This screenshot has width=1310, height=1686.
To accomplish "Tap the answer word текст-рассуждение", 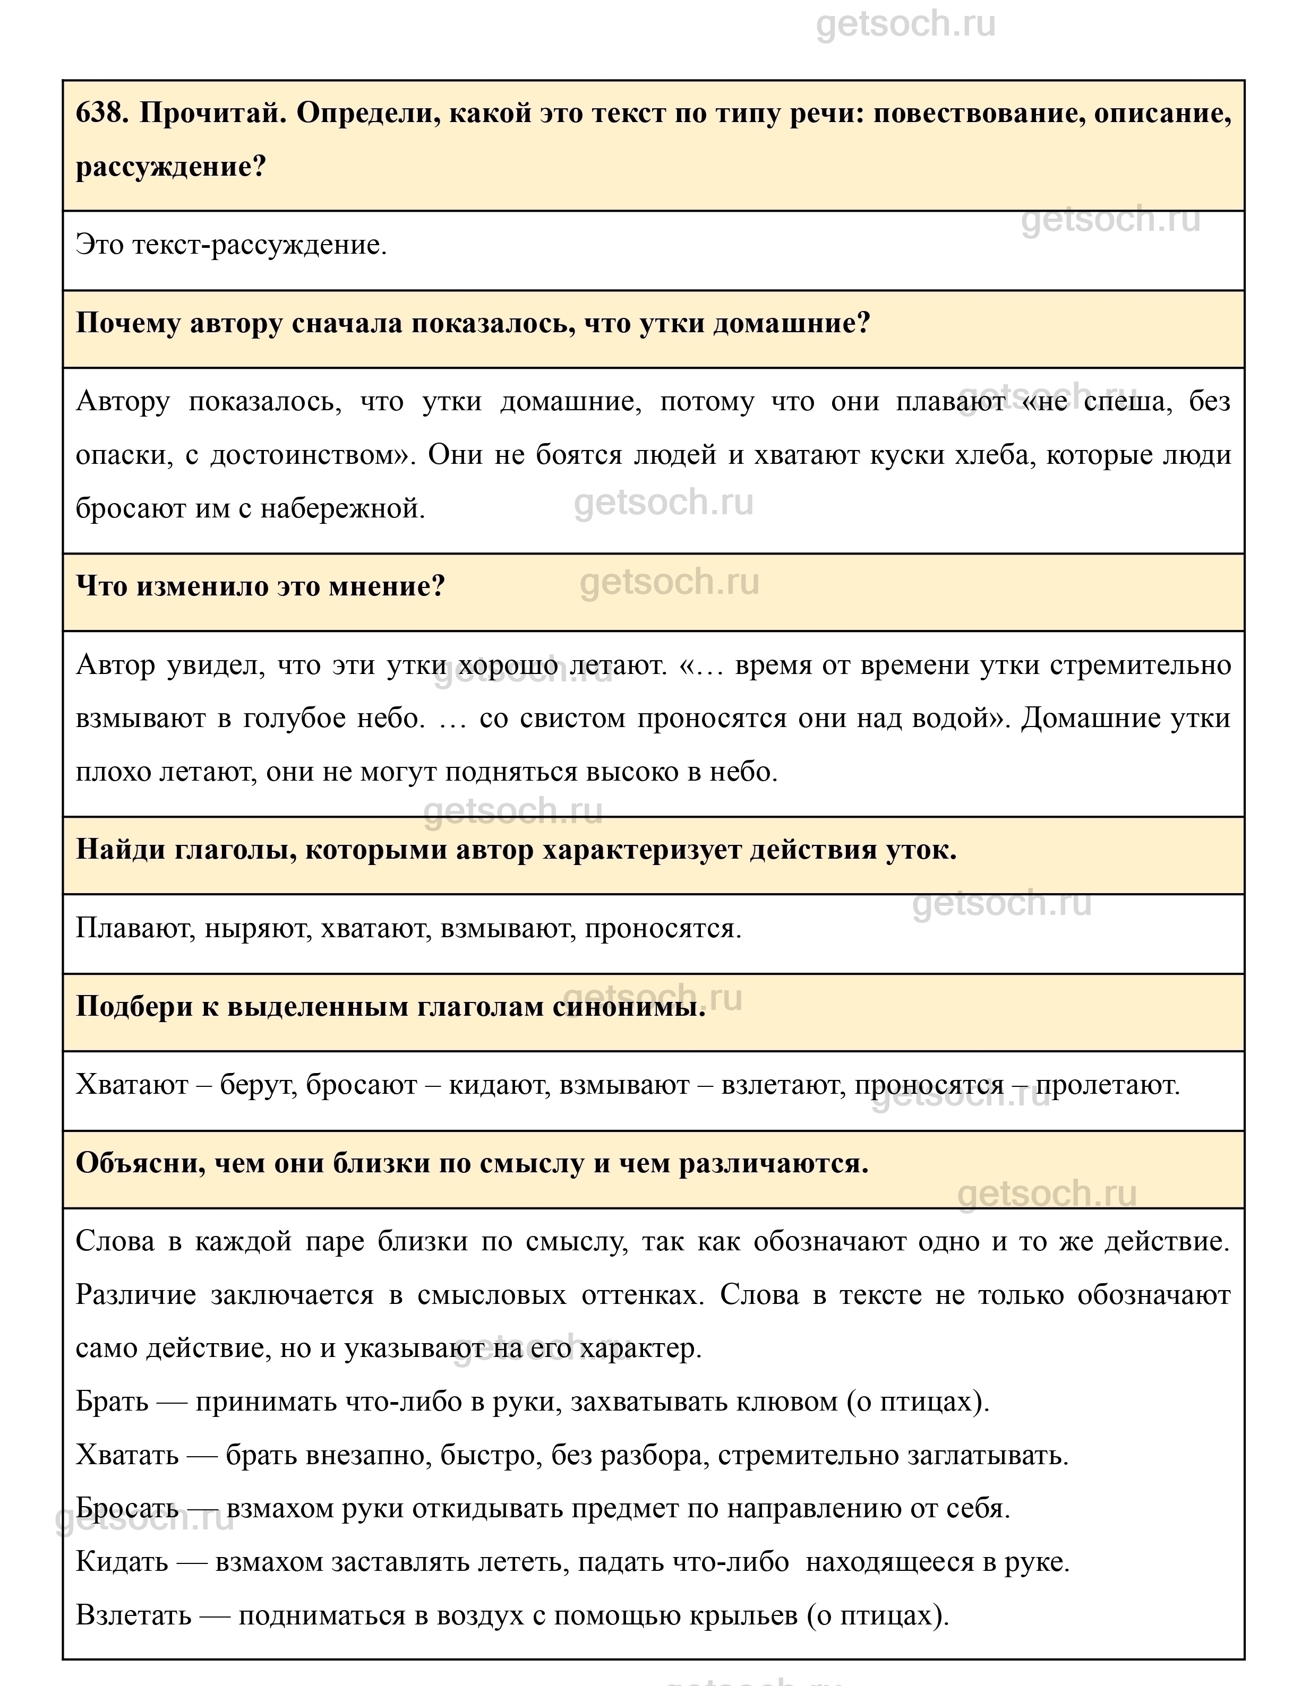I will [259, 246].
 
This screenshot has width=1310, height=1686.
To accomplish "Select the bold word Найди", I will [119, 850].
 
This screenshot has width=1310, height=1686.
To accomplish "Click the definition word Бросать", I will [128, 1508].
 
